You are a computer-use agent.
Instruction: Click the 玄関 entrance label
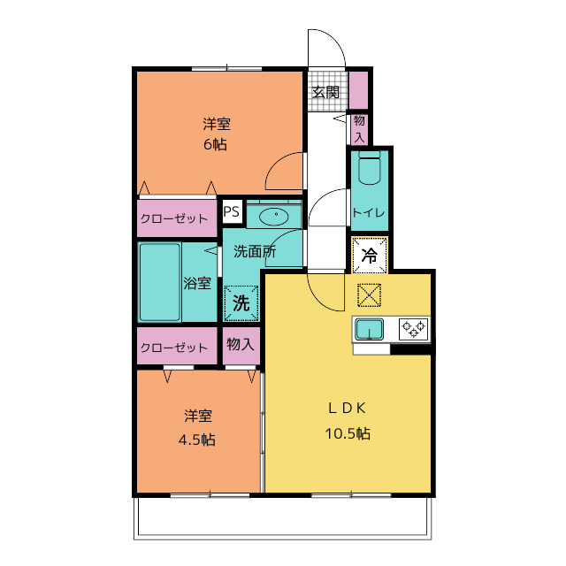click(x=325, y=92)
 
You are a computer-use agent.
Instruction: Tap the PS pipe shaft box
click(x=231, y=211)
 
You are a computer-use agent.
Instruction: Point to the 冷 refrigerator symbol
click(x=371, y=255)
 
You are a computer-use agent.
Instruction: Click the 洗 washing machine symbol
click(x=241, y=302)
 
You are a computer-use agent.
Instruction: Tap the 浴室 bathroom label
click(x=197, y=284)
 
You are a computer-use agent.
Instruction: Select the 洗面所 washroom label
click(x=254, y=251)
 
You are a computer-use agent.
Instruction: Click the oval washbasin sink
click(x=275, y=214)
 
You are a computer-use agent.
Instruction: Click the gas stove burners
click(x=413, y=329)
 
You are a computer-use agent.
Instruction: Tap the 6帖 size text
click(x=216, y=144)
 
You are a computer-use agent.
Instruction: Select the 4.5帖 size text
click(x=198, y=440)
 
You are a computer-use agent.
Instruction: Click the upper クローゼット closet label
click(x=174, y=218)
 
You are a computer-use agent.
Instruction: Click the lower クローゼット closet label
click(x=174, y=348)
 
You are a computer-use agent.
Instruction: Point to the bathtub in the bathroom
click(x=160, y=284)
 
